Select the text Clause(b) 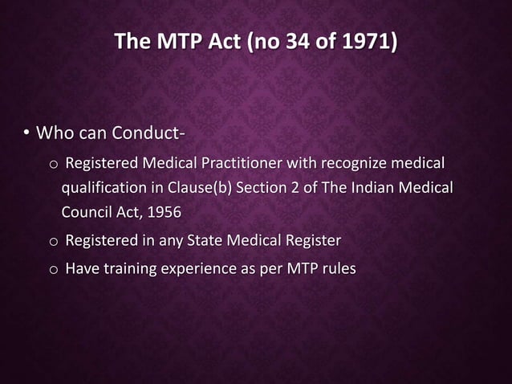point(190,189)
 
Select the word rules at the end point(338,268)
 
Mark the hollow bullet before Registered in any point(53,242)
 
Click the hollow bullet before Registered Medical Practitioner point(53,166)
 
